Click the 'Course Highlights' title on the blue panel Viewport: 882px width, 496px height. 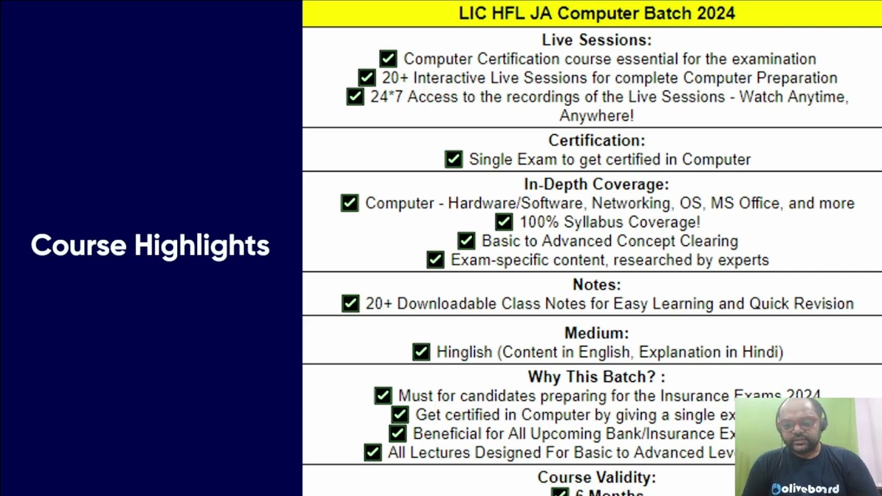point(150,245)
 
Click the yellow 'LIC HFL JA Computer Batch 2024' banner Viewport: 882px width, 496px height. point(597,13)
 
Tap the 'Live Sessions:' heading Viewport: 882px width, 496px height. point(597,40)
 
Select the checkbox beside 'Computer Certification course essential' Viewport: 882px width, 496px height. point(388,59)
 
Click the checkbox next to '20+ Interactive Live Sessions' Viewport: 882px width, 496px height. point(367,78)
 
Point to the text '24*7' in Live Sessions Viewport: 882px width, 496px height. point(386,97)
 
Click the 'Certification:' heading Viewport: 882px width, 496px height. point(597,141)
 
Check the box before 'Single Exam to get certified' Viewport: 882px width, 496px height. point(453,159)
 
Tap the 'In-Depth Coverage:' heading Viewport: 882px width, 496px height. point(596,185)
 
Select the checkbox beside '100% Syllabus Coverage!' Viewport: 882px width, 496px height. point(504,222)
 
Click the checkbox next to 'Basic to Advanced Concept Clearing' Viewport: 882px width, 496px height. point(466,241)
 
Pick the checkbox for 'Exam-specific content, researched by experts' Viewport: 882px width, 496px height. point(435,260)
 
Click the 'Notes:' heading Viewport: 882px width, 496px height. point(597,285)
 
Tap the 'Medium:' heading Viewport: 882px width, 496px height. point(597,333)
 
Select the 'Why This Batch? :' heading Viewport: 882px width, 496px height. point(597,378)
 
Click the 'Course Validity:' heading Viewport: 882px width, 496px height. point(597,477)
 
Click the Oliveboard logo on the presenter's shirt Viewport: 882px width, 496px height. point(805,488)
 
